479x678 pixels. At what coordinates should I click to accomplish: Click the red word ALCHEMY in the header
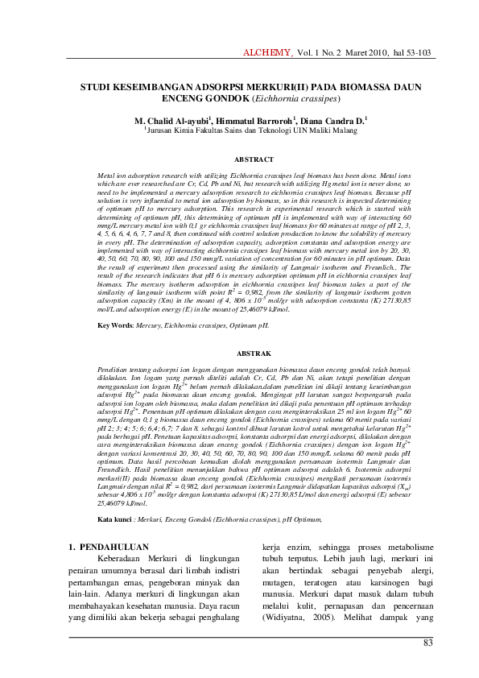tap(268, 53)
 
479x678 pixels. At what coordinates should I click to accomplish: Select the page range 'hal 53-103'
tap(413, 53)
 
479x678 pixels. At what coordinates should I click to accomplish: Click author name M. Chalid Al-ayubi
tap(168, 119)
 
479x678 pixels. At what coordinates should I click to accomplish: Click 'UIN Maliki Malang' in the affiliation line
tap(332, 129)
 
